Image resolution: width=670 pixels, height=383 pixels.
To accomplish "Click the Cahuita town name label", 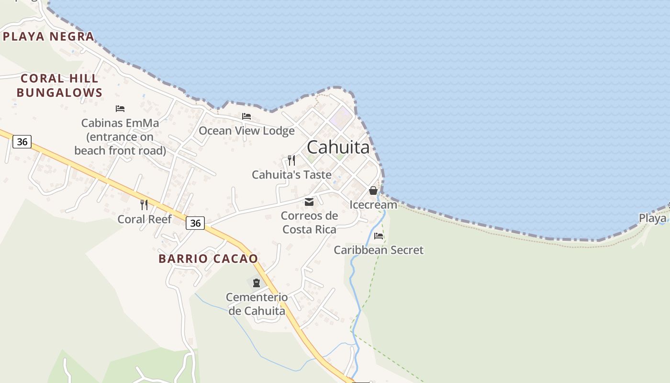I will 338,147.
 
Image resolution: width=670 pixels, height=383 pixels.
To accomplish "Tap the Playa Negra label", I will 48,36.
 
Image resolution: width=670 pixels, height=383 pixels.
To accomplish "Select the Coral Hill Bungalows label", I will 59,85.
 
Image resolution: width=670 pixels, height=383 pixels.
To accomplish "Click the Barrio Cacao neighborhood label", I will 208,259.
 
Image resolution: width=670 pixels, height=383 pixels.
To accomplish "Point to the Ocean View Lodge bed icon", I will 246,116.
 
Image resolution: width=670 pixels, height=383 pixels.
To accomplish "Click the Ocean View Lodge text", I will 246,131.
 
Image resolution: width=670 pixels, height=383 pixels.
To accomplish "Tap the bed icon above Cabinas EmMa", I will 120,109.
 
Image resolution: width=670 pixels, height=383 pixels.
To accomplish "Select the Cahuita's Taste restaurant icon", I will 291,160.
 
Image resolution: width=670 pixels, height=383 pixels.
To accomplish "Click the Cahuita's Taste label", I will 291,175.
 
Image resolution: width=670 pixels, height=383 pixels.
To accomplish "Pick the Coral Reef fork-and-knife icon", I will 144,205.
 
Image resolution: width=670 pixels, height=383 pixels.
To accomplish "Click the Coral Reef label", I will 145,219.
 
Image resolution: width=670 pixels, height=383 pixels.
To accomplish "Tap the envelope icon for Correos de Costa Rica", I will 309,202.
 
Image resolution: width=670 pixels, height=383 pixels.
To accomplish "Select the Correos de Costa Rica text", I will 309,222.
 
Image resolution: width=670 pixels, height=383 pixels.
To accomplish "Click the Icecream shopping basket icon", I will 373,191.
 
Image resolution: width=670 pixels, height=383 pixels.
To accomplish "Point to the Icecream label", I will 373,205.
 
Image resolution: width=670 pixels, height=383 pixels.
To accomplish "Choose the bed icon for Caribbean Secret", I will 379,236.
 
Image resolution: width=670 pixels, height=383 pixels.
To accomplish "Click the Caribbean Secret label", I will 379,250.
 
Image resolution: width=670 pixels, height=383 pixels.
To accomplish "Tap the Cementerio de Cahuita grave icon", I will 257,283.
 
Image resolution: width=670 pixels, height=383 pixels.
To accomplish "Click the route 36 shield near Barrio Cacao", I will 195,223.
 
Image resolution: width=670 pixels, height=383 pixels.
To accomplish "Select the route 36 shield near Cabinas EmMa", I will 22,142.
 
